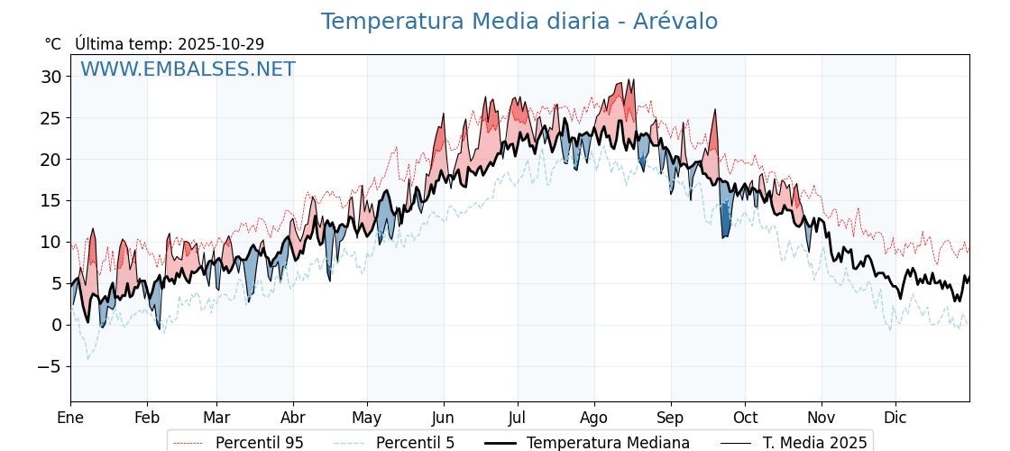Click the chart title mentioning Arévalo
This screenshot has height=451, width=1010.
point(519,22)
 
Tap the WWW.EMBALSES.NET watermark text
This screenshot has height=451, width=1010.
point(188,69)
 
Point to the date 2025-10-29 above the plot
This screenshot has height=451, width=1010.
point(221,44)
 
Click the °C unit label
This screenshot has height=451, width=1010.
point(52,44)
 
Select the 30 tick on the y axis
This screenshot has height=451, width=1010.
point(50,77)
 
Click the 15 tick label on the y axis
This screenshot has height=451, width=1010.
point(50,200)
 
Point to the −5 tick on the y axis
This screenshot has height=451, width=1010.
point(49,366)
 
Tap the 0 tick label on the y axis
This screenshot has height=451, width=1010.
point(56,325)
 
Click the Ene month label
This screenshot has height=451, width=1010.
point(70,418)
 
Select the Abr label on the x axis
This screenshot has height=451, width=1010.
point(293,418)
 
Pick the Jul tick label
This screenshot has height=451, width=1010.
point(518,418)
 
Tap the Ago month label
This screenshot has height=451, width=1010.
point(594,418)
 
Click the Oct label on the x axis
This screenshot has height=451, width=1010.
point(745,418)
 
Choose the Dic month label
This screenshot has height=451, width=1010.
point(895,418)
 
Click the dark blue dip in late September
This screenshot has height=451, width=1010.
point(725,221)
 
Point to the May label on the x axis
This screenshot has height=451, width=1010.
point(367,418)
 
